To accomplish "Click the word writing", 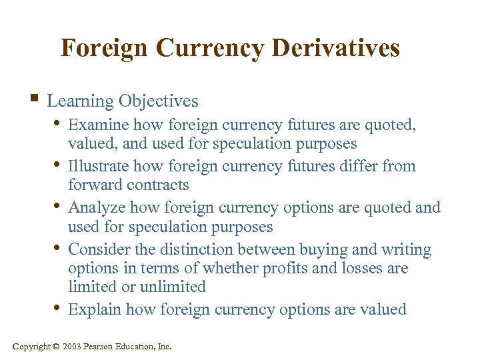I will (406, 249).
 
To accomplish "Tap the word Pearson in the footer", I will (99, 347).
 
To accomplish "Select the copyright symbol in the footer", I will (57, 347).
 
